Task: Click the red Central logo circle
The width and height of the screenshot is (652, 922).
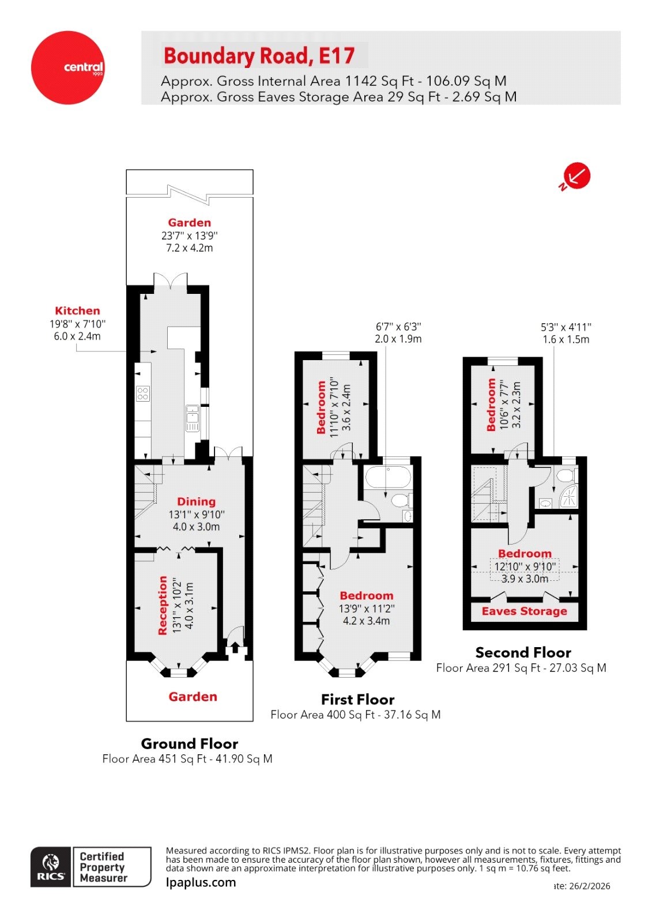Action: click(68, 67)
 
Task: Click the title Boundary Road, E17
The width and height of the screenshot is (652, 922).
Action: click(259, 56)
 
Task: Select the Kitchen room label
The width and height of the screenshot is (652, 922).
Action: click(77, 311)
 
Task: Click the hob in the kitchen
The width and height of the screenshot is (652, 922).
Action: click(142, 394)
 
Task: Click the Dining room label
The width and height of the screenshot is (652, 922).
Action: click(196, 501)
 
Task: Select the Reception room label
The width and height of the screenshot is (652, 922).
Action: click(163, 605)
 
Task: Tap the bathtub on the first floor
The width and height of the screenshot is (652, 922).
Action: click(387, 477)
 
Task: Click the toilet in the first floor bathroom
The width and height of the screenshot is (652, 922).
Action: click(400, 500)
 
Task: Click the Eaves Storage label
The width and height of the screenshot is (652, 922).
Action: click(524, 611)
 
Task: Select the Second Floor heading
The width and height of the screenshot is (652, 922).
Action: click(523, 652)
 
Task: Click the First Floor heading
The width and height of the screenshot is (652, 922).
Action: click(357, 699)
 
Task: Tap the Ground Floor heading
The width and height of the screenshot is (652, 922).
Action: click(189, 743)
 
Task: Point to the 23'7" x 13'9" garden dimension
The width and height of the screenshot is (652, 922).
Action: click(190, 236)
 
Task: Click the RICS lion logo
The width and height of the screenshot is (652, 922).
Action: click(51, 867)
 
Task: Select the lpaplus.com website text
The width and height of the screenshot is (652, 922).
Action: click(201, 882)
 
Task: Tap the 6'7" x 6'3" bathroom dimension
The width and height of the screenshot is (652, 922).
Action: click(398, 327)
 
